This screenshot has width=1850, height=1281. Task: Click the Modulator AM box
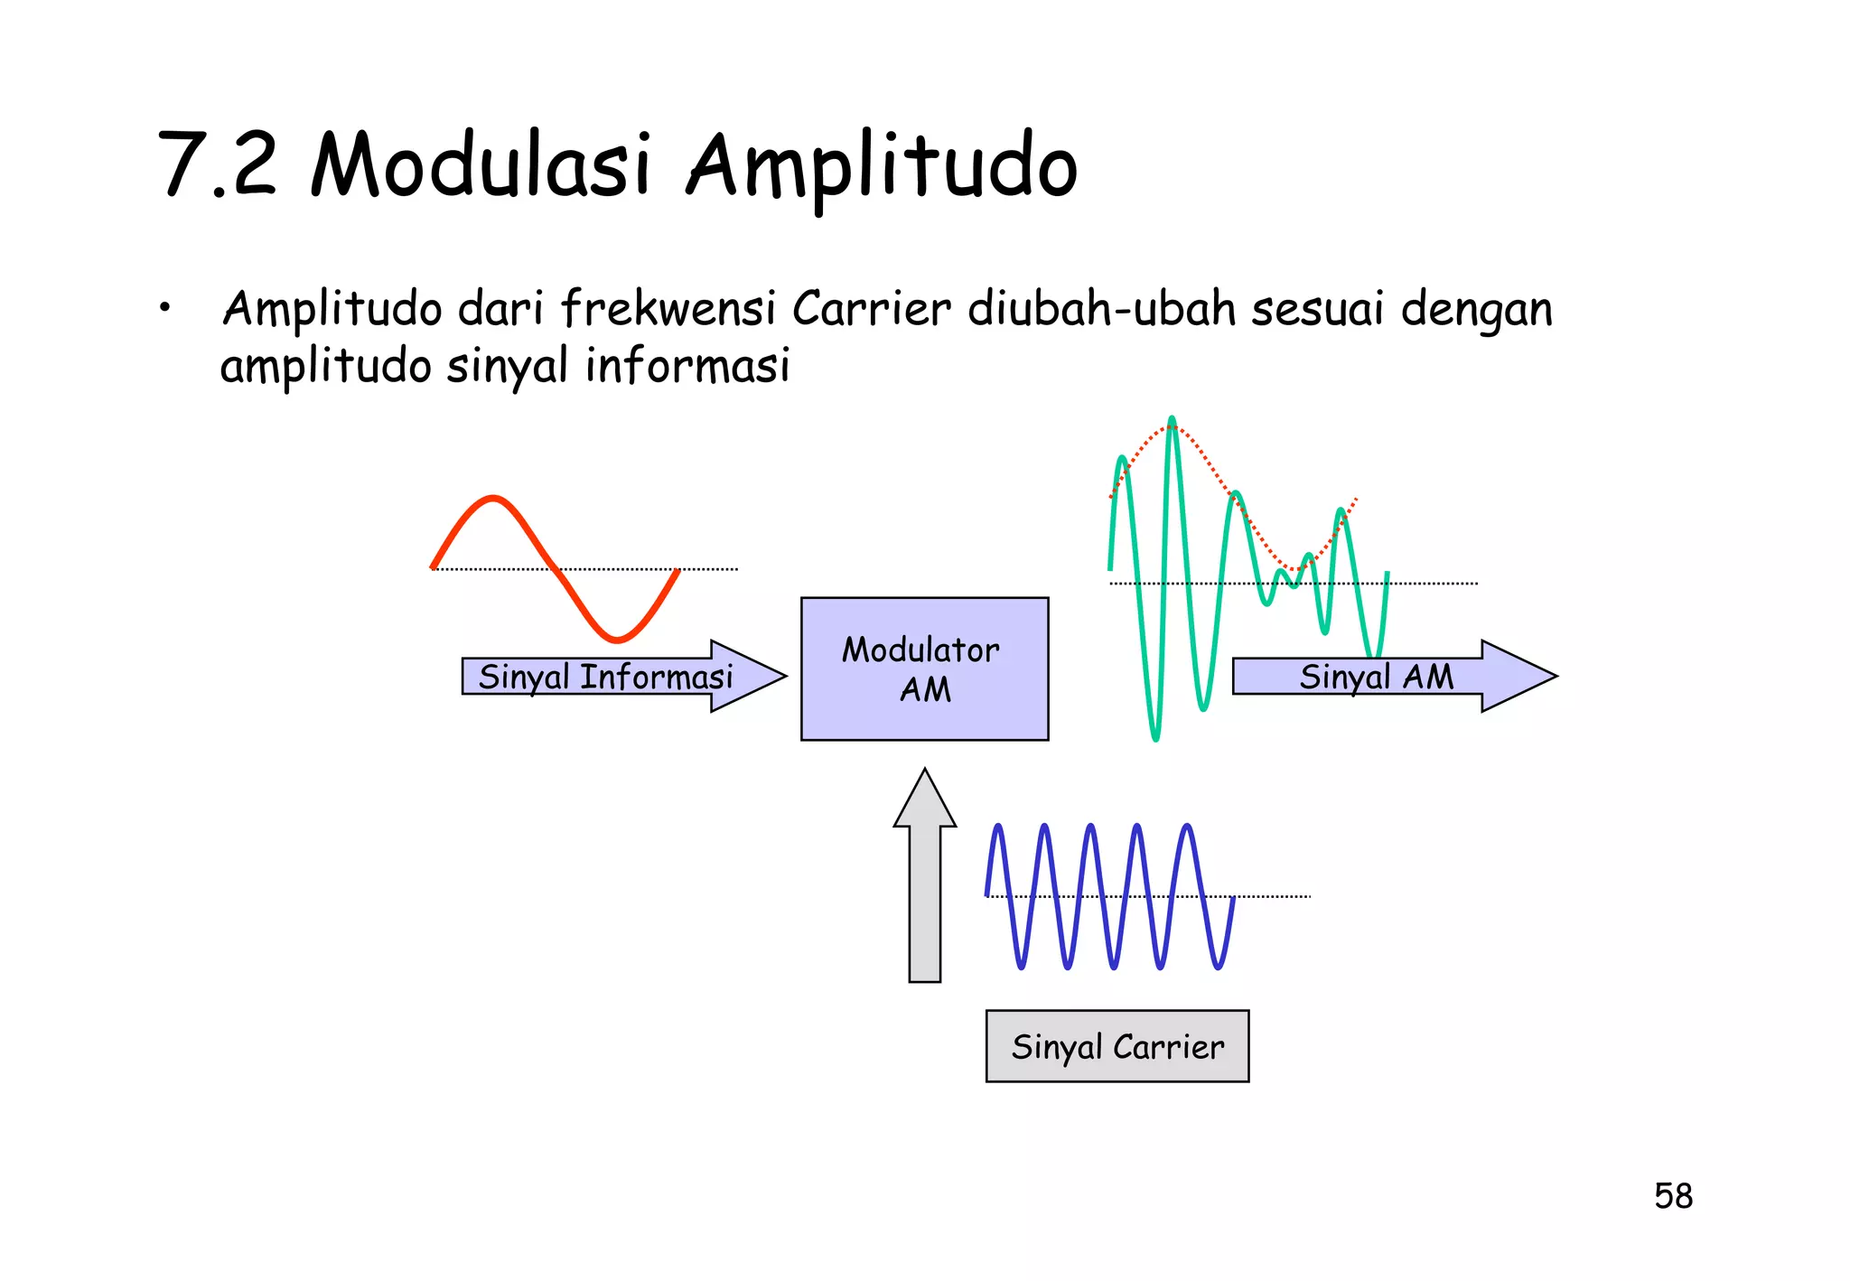(924, 669)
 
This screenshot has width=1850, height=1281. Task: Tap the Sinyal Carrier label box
(1117, 1046)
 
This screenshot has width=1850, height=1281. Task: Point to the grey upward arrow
(924, 876)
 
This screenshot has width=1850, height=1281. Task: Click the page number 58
(1673, 1196)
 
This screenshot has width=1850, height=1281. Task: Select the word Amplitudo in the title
(882, 167)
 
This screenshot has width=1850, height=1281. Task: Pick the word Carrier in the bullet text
(871, 309)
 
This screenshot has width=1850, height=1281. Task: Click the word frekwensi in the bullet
(668, 309)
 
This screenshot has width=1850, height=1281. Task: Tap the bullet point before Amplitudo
(164, 309)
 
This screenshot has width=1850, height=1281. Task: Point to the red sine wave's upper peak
(493, 499)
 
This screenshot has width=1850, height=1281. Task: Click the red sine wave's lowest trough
(617, 640)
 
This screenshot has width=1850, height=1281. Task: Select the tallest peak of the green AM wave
(1172, 421)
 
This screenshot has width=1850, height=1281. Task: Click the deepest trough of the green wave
(1155, 738)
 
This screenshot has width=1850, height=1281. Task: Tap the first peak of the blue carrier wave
(998, 828)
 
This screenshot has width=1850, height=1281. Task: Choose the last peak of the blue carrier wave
(1187, 828)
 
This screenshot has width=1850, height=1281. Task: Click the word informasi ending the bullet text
(687, 366)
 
